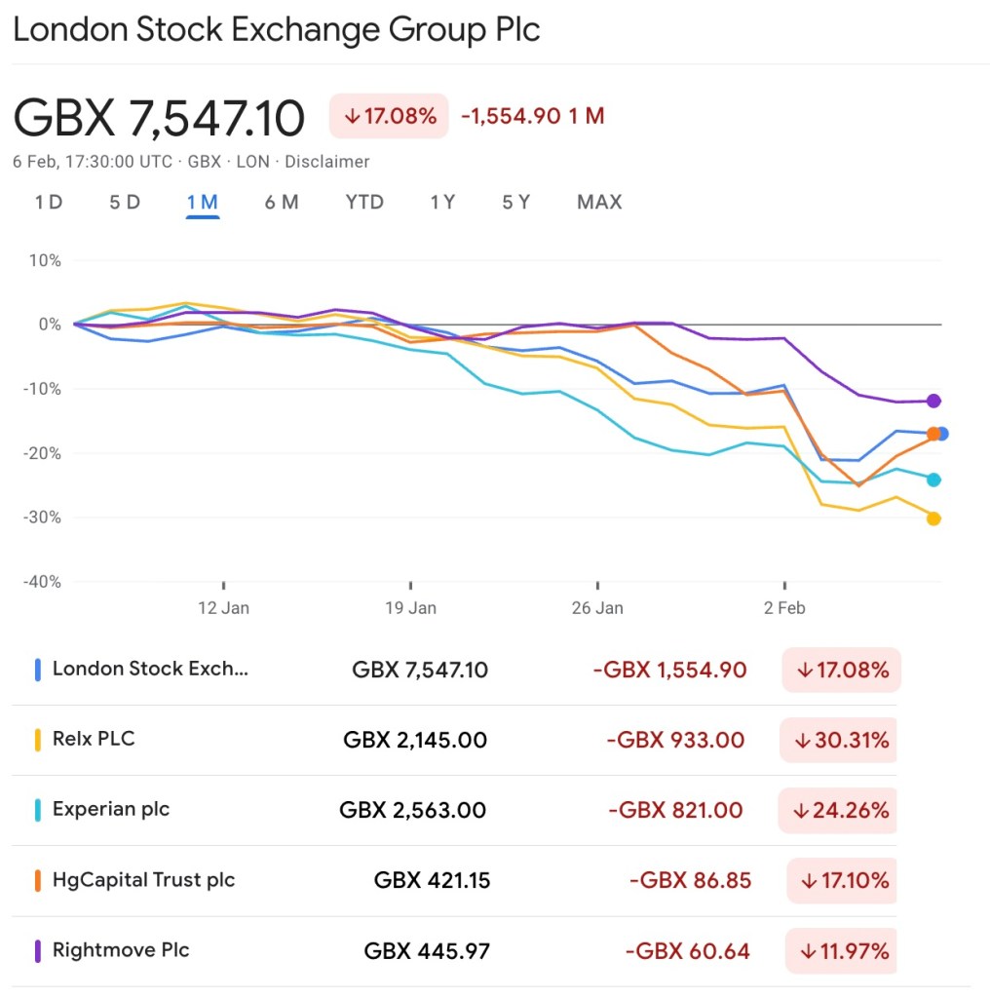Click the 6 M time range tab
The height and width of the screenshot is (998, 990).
(281, 203)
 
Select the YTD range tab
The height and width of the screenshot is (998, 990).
(364, 203)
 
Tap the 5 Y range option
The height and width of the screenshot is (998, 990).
(515, 203)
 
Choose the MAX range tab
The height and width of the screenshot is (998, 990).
(598, 203)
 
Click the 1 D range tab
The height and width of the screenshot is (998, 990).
(49, 203)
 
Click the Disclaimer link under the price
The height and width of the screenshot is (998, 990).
(326, 162)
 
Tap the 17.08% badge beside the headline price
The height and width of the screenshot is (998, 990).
(389, 116)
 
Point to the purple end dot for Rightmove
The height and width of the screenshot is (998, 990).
(933, 401)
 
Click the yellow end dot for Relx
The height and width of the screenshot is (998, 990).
(933, 518)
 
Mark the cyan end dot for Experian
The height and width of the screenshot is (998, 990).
(933, 480)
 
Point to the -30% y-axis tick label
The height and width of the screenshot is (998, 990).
(42, 518)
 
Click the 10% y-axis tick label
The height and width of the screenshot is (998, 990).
(46, 261)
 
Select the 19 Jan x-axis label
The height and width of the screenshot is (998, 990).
(410, 608)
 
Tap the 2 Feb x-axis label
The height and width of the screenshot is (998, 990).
(784, 608)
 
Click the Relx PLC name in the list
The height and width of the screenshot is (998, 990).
(94, 739)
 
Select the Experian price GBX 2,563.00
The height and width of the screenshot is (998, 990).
(412, 810)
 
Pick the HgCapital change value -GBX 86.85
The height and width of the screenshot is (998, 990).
(690, 881)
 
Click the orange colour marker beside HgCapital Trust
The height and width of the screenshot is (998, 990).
(37, 881)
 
